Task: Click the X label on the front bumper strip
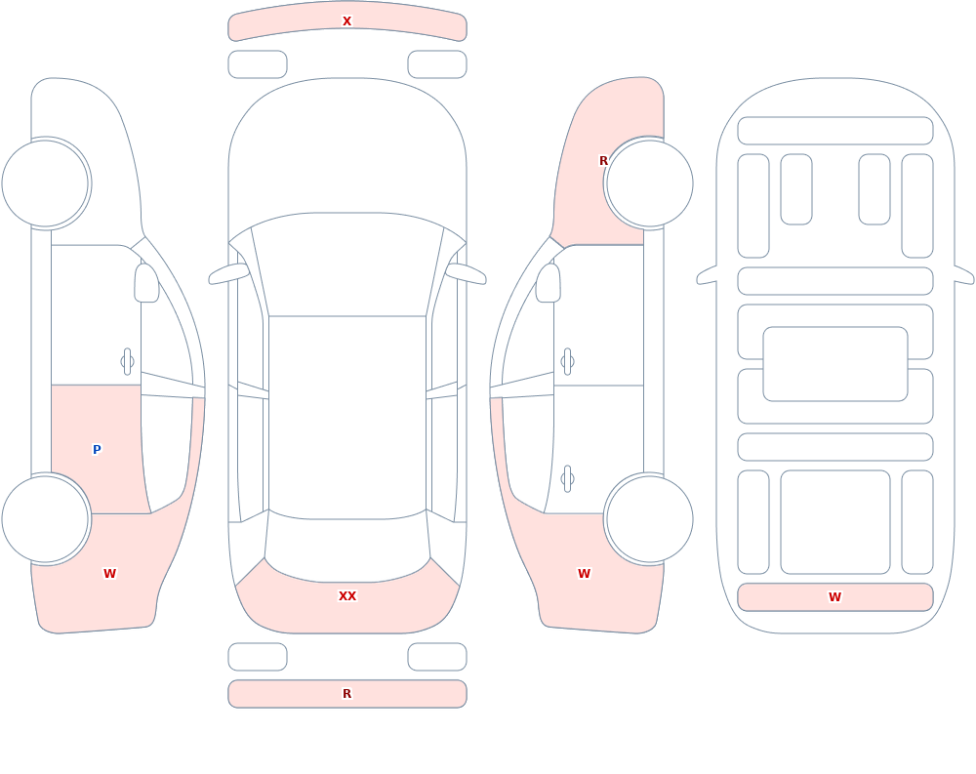coord(346,21)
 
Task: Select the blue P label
coord(97,450)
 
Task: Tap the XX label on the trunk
coord(347,596)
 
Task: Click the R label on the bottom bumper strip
coord(346,694)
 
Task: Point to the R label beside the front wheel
coord(603,161)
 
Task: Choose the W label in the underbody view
coord(834,597)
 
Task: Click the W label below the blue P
coord(109,574)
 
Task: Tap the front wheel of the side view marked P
coord(46,183)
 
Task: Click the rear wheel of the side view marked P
coord(46,518)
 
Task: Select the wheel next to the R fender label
coord(649,183)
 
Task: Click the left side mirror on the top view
coord(227,273)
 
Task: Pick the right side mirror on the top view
coord(467,273)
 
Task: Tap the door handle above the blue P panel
coord(127,362)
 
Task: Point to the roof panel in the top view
coord(347,416)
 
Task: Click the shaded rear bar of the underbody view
coord(835,597)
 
